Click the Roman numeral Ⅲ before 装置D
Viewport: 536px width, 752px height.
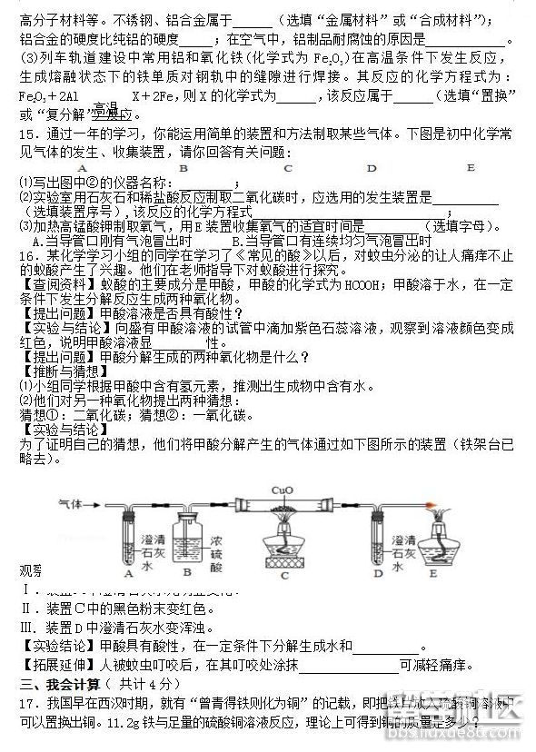point(25,627)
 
